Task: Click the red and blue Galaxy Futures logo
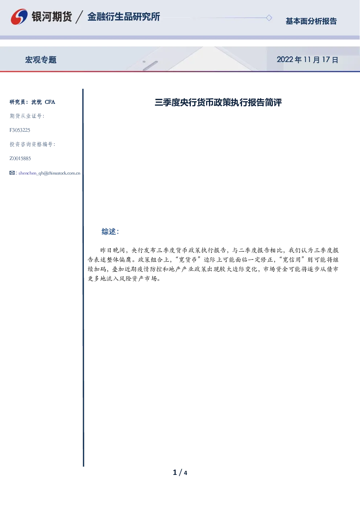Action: tap(19, 17)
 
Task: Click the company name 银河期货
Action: tap(52, 17)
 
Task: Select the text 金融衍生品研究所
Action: tap(124, 17)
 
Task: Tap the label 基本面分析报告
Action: tap(311, 21)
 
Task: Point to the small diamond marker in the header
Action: tap(269, 18)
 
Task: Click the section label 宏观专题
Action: tap(41, 60)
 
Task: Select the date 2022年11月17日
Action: tap(307, 59)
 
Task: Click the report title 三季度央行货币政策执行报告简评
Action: tap(218, 102)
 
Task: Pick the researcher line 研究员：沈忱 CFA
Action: tap(32, 102)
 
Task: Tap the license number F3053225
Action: tap(20, 130)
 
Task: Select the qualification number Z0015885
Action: tap(20, 159)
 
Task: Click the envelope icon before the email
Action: tap(12, 173)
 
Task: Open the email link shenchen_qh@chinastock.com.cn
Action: tap(49, 173)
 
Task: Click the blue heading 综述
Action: tap(110, 232)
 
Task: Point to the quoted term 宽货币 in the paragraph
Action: tap(188, 260)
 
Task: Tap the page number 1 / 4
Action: tap(180, 473)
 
